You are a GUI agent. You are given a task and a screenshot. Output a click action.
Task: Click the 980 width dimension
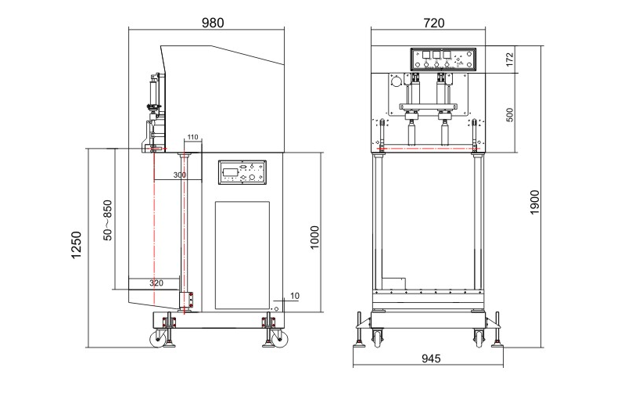tap(213, 23)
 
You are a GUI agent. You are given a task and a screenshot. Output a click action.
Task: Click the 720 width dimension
tap(433, 23)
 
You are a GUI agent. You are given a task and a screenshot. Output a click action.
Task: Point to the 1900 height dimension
tap(534, 202)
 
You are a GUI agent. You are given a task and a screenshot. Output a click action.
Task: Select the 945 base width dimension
tap(431, 358)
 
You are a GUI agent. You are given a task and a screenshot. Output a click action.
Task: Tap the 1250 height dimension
tap(76, 245)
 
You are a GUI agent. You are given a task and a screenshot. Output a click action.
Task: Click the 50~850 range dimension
tap(107, 220)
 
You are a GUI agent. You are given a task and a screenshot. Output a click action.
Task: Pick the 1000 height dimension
tap(314, 237)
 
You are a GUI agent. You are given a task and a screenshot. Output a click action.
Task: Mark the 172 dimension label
tap(509, 59)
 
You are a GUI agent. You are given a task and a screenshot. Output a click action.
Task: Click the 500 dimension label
tap(509, 114)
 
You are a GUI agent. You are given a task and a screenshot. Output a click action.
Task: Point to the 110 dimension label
tap(192, 137)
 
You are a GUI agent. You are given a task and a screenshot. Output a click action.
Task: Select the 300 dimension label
tap(180, 175)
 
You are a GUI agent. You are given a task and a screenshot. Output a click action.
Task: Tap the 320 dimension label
tap(156, 283)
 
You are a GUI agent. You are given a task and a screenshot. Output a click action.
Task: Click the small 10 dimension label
tap(295, 296)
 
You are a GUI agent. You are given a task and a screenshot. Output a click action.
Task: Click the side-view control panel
tap(242, 172)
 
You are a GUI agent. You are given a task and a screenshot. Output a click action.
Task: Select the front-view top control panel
tap(443, 59)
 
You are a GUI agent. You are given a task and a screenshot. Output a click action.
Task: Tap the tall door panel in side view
tap(242, 255)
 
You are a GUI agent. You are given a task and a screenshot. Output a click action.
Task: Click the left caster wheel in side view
tap(158, 338)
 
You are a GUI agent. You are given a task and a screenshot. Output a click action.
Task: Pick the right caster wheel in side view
tap(279, 338)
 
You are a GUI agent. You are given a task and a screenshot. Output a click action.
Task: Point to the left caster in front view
tap(377, 337)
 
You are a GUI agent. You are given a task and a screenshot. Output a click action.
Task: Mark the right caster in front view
tap(479, 337)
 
